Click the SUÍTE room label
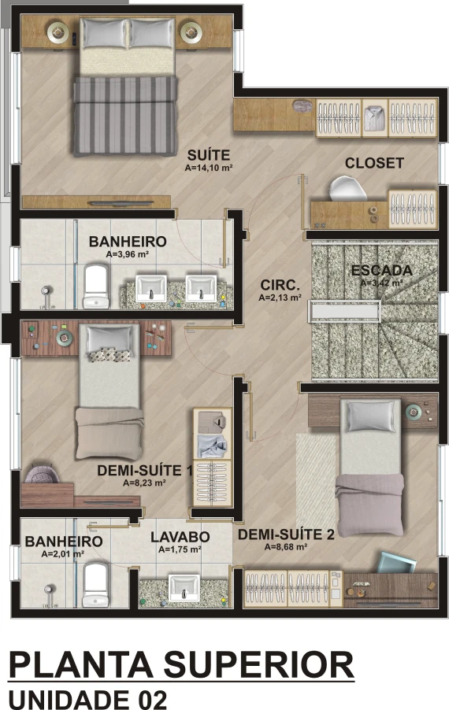tap(209, 155)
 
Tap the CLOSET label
tap(374, 163)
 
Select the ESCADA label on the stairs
tap(382, 270)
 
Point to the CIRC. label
tap(280, 285)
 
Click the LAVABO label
tap(180, 537)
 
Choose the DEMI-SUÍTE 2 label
tap(287, 534)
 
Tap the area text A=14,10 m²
tap(209, 168)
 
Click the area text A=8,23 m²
tap(144, 483)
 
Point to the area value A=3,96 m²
tap(128, 254)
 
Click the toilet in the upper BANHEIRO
tap(96, 287)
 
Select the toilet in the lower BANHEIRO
tap(95, 585)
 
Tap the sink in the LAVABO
tap(184, 588)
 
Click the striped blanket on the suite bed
tap(125, 116)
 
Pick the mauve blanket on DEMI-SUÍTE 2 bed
tap(369, 504)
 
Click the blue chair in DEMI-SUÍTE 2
tap(397, 562)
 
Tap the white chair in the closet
tap(347, 189)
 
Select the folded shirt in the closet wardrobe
tap(375, 117)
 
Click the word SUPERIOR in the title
tap(258, 665)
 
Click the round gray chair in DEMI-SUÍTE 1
tap(42, 474)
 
